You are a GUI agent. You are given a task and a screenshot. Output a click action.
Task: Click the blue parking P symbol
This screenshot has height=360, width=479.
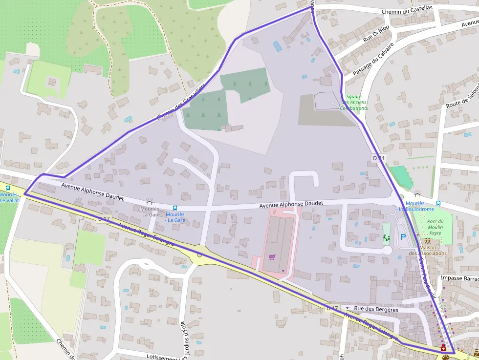pyautogui.click(x=403, y=237)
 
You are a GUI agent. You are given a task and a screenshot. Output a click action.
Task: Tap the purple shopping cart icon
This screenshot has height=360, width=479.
pyautogui.click(x=272, y=257)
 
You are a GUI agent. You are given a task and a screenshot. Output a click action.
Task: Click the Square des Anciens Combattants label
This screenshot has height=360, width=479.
pyautogui.click(x=354, y=102)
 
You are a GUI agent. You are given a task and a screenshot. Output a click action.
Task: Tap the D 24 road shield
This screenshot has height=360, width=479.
pyautogui.click(x=379, y=158)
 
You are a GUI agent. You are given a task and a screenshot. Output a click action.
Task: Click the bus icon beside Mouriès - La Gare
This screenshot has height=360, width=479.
pyautogui.click(x=175, y=208)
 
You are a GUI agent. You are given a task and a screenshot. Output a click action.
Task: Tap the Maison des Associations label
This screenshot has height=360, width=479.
pyautogui.click(x=428, y=250)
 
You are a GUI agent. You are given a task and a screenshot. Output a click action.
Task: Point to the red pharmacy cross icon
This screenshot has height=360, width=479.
pyautogui.click(x=443, y=348)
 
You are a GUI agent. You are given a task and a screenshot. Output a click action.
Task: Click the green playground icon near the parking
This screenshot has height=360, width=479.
pyautogui.click(x=387, y=238)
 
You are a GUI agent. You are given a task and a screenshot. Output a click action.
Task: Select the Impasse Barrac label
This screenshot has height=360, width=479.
pyautogui.click(x=459, y=278)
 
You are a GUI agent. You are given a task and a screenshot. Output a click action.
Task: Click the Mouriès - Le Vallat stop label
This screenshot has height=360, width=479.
pyautogui.click(x=8, y=197)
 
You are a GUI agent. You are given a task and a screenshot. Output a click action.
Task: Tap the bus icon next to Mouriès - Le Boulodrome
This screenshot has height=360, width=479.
pyautogui.click(x=438, y=203)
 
